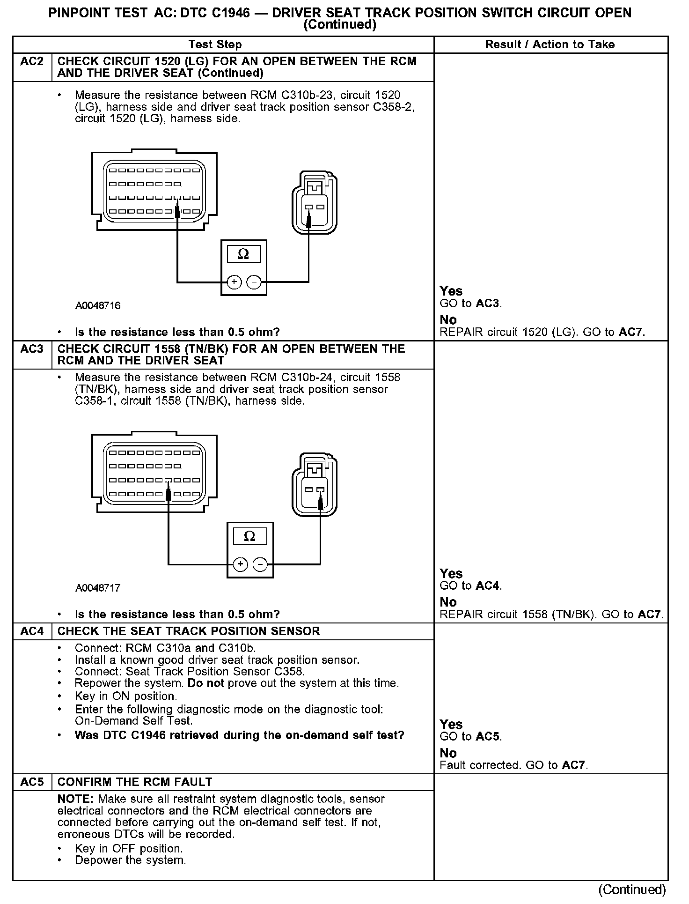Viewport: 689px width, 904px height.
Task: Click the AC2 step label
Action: tap(32, 62)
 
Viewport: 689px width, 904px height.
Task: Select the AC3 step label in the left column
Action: tap(32, 349)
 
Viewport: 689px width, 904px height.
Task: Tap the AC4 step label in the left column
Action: tap(32, 631)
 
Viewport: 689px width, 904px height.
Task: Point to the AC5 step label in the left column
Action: tap(32, 782)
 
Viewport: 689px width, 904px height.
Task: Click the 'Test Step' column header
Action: tap(215, 45)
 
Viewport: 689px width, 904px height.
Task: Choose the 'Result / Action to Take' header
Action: tap(550, 45)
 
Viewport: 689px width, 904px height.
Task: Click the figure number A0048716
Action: tap(98, 306)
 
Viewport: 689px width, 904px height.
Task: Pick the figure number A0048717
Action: tap(98, 588)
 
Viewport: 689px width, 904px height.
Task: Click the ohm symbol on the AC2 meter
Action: tap(243, 254)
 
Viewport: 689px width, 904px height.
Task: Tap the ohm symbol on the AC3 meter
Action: tap(249, 536)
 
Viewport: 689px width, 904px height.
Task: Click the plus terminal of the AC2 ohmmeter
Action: tap(234, 282)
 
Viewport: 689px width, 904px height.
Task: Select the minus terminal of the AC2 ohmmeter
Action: tap(253, 282)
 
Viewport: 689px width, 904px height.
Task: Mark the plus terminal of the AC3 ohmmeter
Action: tap(240, 564)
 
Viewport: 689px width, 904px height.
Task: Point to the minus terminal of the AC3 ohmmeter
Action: tap(260, 564)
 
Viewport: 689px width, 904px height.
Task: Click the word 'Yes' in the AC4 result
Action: tap(451, 725)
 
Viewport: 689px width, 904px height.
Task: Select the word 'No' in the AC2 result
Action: tap(448, 320)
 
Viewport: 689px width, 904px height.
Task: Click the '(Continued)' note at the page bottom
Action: tap(631, 889)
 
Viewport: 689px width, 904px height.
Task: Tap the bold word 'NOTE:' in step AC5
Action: tap(76, 799)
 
